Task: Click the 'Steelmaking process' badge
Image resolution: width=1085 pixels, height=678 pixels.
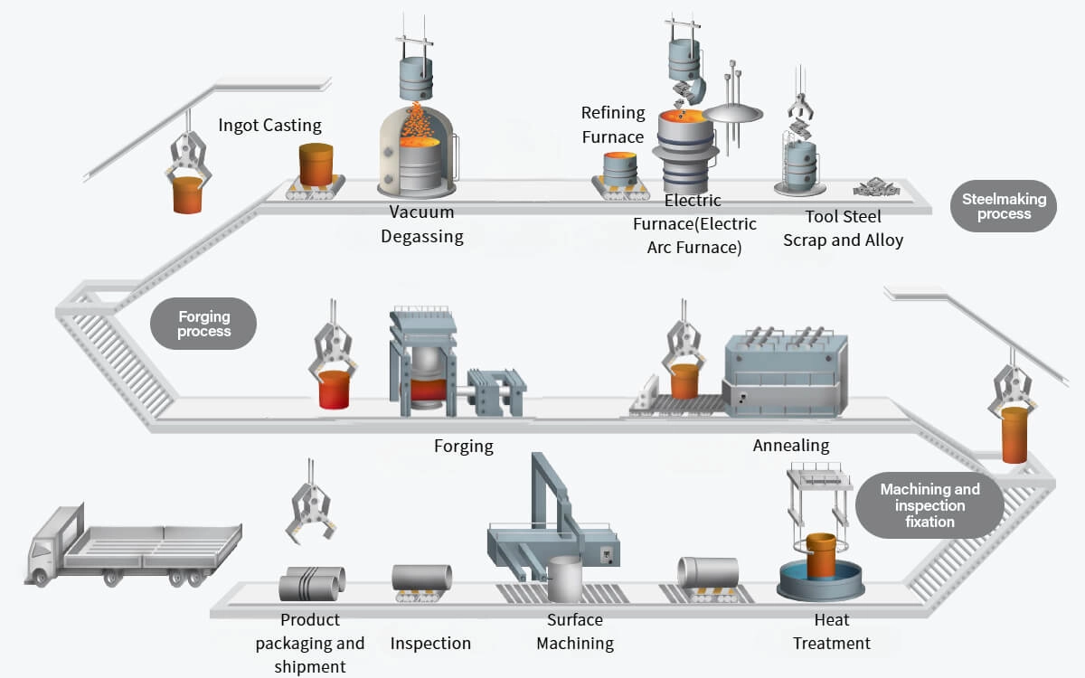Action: point(1004,207)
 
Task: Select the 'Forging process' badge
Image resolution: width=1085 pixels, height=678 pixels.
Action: point(203,324)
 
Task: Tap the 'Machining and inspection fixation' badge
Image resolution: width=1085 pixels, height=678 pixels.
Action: point(929,505)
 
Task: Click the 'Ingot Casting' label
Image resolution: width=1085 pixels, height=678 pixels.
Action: point(269,126)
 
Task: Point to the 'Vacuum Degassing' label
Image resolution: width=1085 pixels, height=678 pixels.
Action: point(421,225)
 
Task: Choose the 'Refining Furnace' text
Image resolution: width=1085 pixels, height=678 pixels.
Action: point(613,125)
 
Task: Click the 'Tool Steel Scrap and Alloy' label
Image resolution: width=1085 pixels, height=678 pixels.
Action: point(843,228)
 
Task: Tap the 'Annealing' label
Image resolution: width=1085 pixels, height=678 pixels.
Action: point(790,446)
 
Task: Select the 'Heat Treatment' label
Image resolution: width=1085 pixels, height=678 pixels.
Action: point(831,632)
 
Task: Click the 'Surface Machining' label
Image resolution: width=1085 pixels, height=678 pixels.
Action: point(574,632)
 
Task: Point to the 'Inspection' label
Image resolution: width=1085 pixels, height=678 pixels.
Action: point(430,644)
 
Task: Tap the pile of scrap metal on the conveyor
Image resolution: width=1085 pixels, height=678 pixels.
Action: point(876,187)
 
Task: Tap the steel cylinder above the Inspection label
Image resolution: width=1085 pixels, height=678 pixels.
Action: point(421,579)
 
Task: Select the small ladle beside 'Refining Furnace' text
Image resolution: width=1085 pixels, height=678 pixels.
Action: point(619,168)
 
